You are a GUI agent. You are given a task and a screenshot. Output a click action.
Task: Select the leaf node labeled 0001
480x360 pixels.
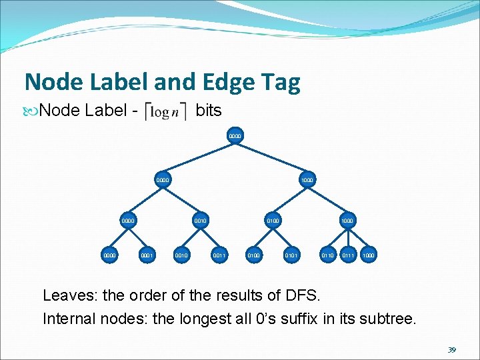click(147, 255)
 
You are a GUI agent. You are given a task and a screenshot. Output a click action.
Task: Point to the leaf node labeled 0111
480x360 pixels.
click(347, 255)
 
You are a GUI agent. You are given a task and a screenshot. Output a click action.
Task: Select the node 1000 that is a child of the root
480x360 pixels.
click(307, 179)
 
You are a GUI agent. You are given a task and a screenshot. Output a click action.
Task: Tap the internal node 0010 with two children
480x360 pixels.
click(199, 219)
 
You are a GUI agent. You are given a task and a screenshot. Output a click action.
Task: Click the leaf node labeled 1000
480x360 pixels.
click(368, 255)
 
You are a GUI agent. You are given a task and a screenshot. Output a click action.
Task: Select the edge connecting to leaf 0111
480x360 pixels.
click(347, 237)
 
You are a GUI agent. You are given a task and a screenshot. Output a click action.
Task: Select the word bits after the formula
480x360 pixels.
click(209, 110)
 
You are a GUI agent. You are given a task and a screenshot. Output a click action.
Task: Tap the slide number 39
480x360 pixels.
click(451, 350)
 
